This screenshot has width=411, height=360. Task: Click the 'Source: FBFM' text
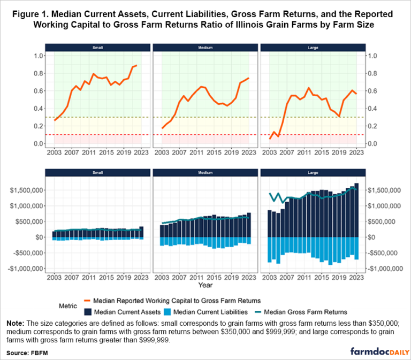click(26, 353)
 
